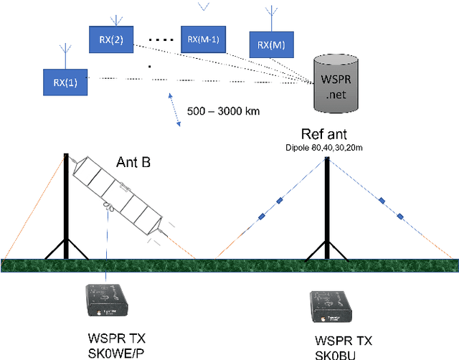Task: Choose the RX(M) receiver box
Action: pos(270,45)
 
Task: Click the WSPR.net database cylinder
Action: pos(336,85)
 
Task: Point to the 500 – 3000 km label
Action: pos(223,112)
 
